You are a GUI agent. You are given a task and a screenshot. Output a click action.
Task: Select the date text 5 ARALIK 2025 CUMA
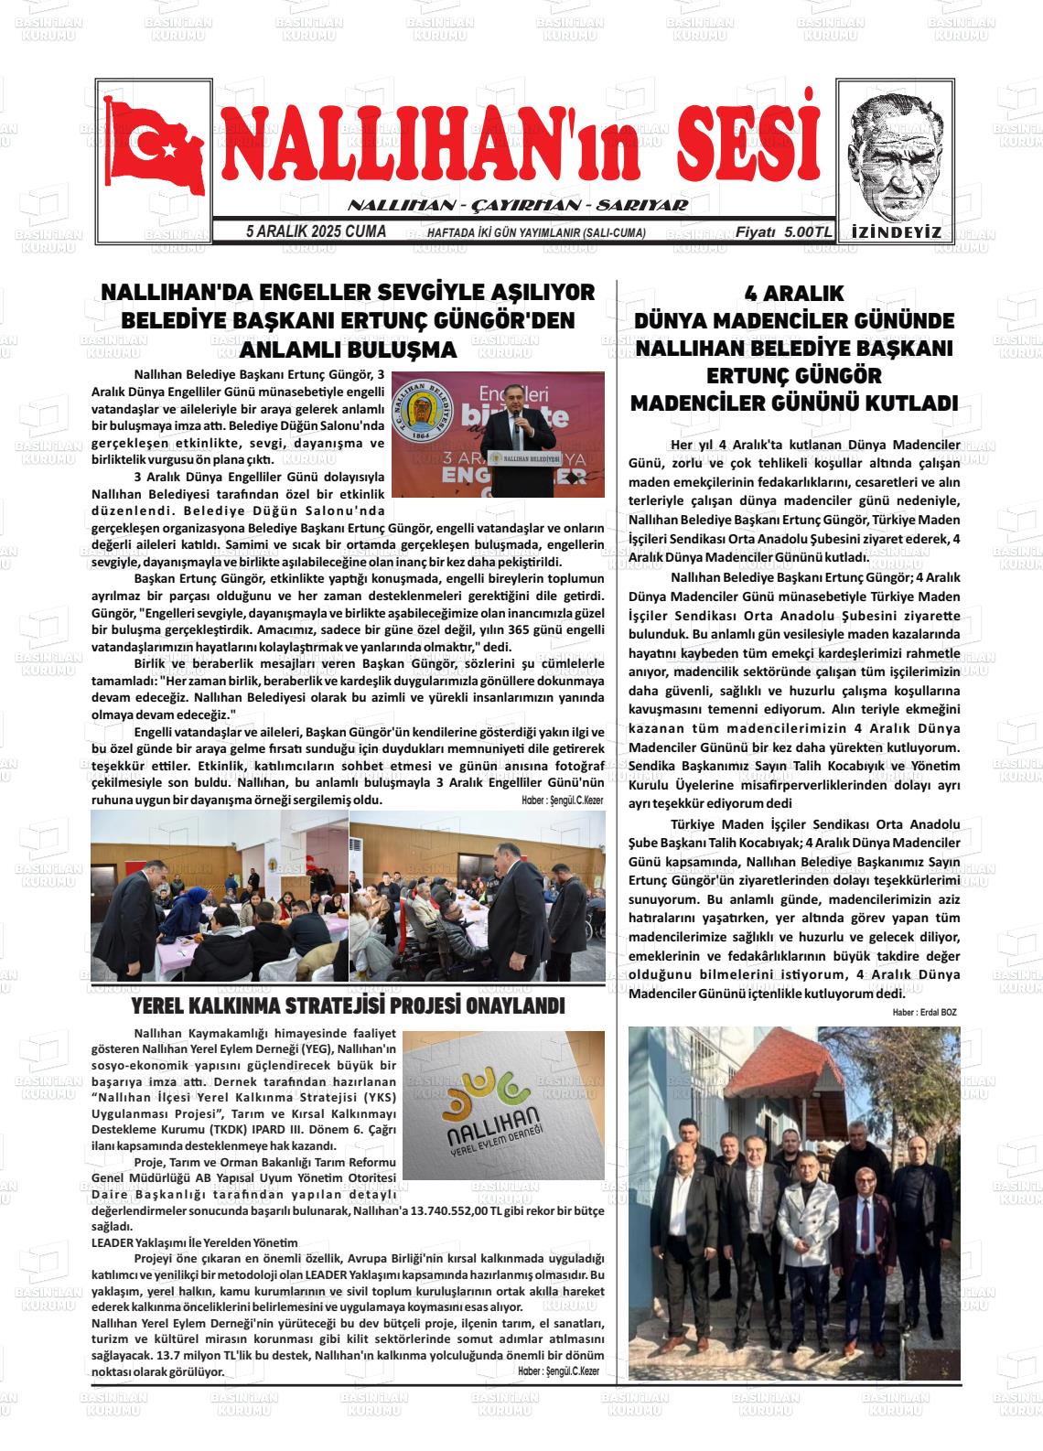(316, 232)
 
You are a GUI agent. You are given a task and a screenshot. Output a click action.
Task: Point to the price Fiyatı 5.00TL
(783, 233)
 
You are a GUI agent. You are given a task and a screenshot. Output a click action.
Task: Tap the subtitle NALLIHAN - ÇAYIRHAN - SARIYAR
(518, 206)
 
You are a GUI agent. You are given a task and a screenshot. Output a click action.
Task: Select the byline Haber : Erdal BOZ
(924, 1012)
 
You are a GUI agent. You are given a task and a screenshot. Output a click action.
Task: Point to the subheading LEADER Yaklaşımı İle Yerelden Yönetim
(195, 1242)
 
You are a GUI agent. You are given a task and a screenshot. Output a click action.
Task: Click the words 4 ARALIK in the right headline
(794, 294)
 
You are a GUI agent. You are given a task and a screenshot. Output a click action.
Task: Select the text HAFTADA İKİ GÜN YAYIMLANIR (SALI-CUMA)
(536, 233)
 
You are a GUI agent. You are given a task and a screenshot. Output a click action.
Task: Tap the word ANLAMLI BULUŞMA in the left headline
(348, 350)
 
